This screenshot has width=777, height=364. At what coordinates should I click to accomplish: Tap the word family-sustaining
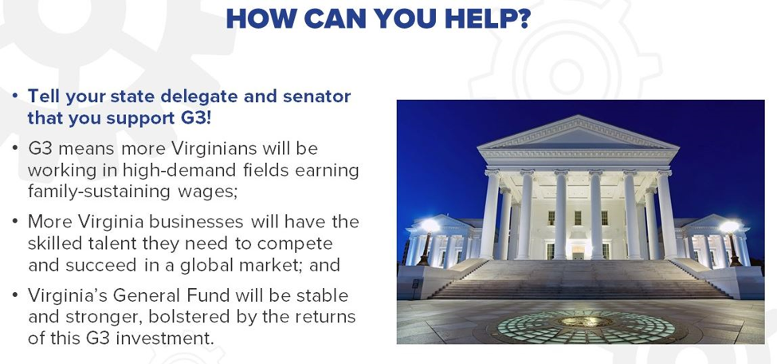(99, 192)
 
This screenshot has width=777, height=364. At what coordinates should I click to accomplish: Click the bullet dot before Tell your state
(16, 95)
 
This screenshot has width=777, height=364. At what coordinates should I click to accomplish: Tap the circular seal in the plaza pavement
(586, 324)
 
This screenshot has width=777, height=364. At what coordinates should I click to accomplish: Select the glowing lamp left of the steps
(429, 227)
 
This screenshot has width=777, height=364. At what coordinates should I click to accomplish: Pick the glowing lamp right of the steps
(729, 228)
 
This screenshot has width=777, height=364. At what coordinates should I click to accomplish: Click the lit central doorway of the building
(578, 251)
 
